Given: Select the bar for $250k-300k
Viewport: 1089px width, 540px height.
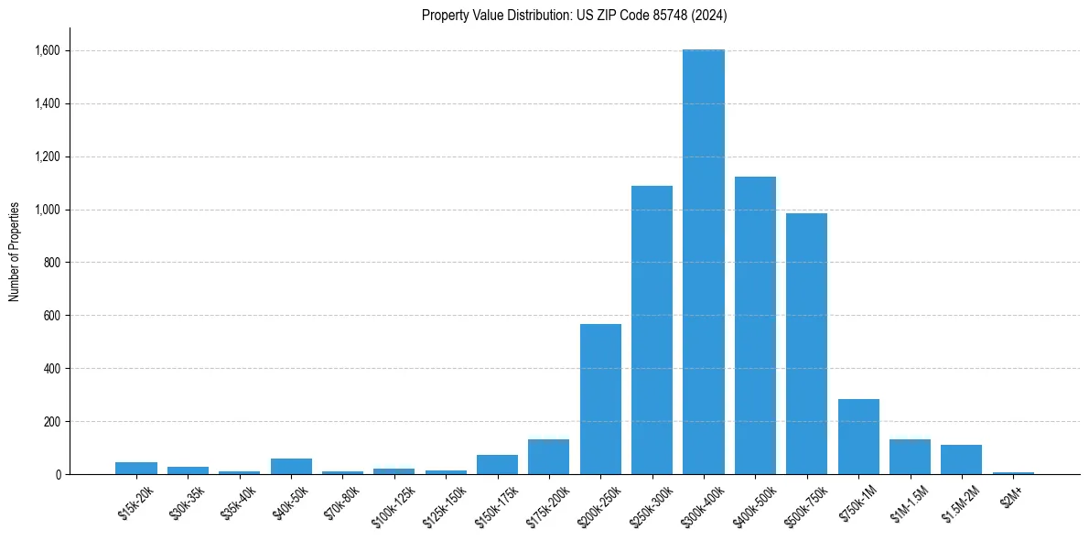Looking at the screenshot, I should [x=652, y=329].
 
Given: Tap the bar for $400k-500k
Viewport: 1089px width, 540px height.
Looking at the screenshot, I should [x=755, y=325].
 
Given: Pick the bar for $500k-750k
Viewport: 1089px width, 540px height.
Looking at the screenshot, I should [x=806, y=343].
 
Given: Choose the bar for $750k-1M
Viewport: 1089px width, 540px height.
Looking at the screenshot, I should [x=858, y=437].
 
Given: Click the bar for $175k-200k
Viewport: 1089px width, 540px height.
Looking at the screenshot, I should [x=548, y=457].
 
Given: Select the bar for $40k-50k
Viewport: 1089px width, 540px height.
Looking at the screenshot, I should [x=291, y=466].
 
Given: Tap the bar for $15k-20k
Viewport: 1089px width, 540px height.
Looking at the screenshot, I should [x=136, y=468].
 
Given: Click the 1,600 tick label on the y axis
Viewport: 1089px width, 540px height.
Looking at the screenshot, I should [x=46, y=50].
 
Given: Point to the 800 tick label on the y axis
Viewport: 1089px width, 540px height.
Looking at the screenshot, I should [x=51, y=263].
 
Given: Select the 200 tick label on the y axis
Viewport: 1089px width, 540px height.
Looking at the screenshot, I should [x=51, y=422].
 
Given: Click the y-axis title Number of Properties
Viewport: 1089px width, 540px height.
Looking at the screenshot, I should [x=15, y=252].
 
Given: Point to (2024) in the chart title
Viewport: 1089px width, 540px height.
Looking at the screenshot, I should [x=711, y=15].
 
